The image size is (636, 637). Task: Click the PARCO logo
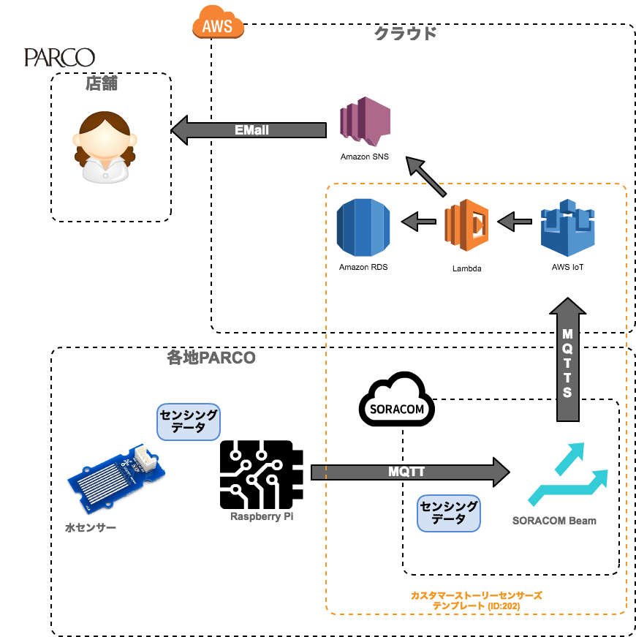tap(59, 57)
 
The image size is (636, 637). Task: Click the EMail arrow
tap(249, 130)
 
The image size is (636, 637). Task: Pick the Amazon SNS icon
tap(364, 124)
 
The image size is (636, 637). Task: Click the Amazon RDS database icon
tap(363, 227)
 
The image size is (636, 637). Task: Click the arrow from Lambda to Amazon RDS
tap(419, 220)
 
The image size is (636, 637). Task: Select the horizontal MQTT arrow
tap(409, 472)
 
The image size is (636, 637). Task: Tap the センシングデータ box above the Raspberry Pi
tap(189, 422)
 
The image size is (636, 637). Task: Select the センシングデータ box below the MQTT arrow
tap(449, 513)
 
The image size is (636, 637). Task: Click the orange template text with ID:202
tap(476, 600)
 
